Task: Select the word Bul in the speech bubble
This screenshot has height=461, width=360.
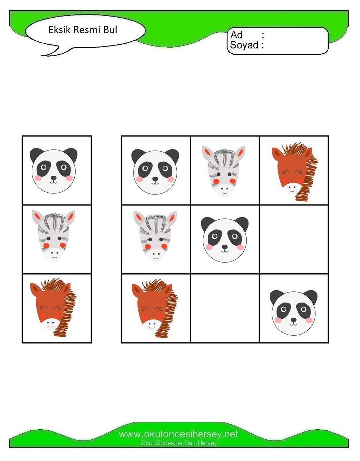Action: click(x=110, y=30)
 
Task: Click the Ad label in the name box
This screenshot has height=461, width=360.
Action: click(x=236, y=35)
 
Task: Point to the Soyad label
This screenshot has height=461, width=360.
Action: click(x=244, y=45)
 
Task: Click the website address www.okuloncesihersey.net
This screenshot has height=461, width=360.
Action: click(x=179, y=434)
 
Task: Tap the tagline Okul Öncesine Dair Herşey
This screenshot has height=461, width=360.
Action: click(x=179, y=443)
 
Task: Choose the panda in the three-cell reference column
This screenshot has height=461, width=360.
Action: click(x=54, y=170)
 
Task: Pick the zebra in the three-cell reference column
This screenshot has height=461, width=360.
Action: click(x=54, y=236)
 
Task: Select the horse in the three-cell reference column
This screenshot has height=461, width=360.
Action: click(x=53, y=307)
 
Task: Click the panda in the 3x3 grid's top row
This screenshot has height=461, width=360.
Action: click(x=155, y=171)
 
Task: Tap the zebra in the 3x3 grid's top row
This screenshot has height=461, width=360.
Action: click(x=224, y=171)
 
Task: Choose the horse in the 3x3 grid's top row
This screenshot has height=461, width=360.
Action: click(x=295, y=172)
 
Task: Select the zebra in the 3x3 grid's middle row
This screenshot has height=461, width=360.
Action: click(x=155, y=237)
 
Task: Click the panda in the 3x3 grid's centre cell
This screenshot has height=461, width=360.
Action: click(x=225, y=240)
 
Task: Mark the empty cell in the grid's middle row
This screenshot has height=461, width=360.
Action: click(x=294, y=239)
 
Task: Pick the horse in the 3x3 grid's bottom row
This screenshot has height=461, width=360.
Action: click(x=155, y=308)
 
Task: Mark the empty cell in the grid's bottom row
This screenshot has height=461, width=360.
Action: click(x=225, y=308)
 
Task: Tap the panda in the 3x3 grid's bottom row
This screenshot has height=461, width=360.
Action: click(x=294, y=313)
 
